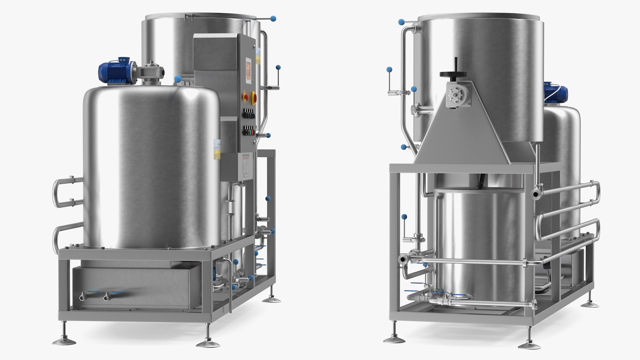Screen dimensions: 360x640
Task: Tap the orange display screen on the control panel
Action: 248,70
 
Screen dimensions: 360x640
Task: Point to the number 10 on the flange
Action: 414,109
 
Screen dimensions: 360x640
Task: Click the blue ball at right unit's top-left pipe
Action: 401,22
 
